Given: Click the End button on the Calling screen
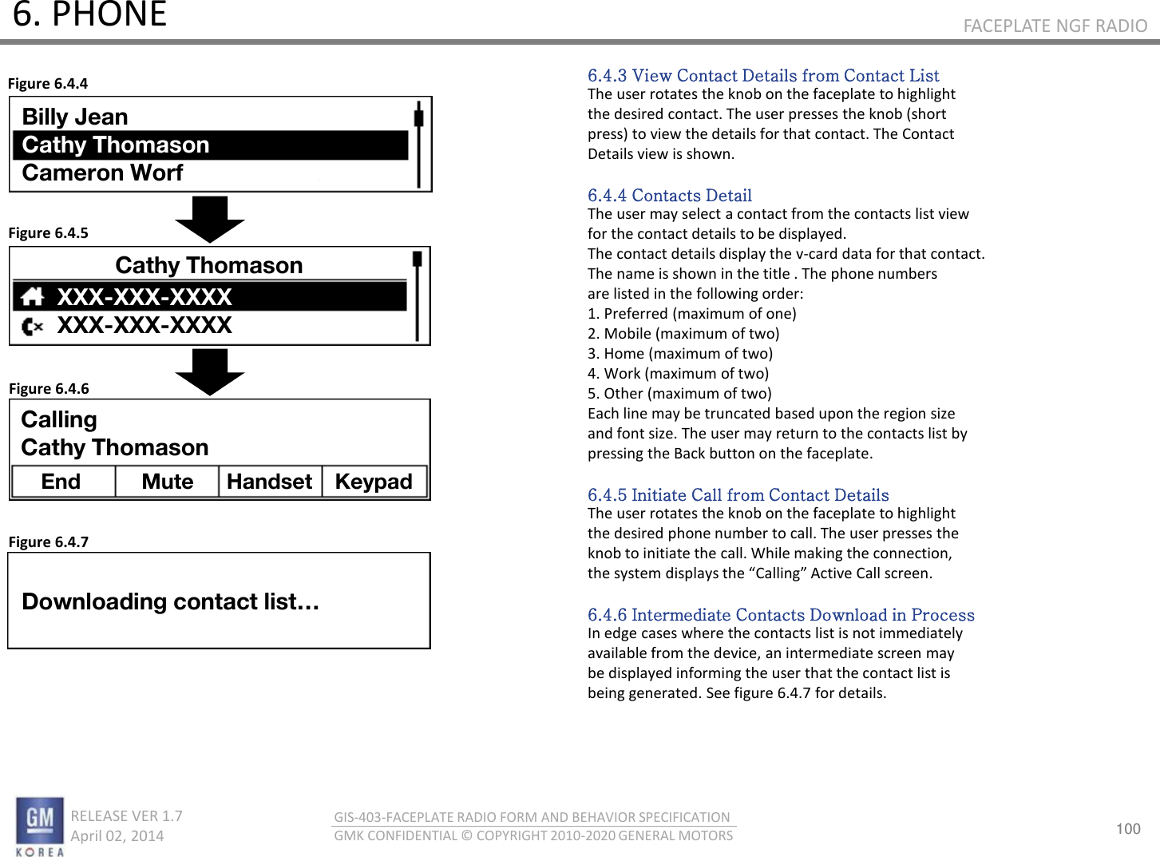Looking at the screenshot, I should click(x=61, y=482).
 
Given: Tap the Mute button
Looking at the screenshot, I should click(x=168, y=482).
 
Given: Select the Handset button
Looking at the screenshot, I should click(x=270, y=482).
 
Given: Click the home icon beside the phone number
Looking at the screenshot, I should click(x=33, y=297).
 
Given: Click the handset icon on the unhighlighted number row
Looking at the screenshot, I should click(x=32, y=326).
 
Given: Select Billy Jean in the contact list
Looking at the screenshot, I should click(x=75, y=117).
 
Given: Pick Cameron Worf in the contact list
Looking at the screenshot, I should click(x=103, y=173).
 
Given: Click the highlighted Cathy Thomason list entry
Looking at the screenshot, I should click(x=116, y=145).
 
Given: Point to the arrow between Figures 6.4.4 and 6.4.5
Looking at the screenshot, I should click(x=210, y=218).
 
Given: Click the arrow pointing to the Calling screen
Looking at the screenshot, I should click(x=210, y=371).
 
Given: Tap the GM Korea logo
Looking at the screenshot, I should click(x=40, y=826).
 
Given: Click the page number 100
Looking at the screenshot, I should click(x=1128, y=828).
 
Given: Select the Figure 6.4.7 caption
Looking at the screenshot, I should click(x=49, y=542).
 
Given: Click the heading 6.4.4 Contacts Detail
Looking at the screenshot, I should click(x=669, y=195).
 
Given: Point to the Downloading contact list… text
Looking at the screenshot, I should click(x=170, y=601).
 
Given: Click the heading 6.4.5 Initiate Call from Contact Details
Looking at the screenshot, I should click(x=738, y=494).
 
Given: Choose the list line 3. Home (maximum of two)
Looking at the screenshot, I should click(x=680, y=353).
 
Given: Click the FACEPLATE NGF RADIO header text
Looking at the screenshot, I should click(x=1055, y=26).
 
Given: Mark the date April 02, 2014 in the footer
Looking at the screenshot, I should click(x=117, y=835).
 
